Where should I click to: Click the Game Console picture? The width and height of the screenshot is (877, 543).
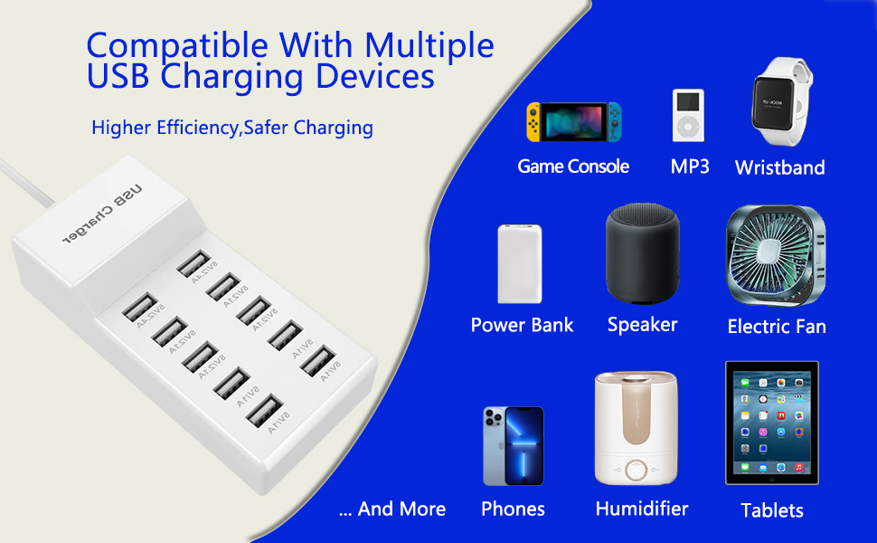(574, 122)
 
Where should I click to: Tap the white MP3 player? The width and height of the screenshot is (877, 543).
(688, 115)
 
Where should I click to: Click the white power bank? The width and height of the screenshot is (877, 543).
(520, 263)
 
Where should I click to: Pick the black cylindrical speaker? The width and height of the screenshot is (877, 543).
(641, 256)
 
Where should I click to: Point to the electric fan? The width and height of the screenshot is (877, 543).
(776, 256)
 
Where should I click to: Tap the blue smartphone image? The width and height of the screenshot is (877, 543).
(513, 446)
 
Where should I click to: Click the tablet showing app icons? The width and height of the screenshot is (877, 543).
(771, 423)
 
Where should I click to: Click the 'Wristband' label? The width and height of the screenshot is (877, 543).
(779, 167)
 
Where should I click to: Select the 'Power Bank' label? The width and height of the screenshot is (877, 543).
(522, 326)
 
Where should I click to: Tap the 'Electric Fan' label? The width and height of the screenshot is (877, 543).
(777, 327)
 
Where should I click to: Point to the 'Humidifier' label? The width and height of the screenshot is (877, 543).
(641, 509)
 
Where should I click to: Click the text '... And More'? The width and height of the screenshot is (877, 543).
(392, 510)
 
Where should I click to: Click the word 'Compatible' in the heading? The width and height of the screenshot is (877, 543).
(178, 45)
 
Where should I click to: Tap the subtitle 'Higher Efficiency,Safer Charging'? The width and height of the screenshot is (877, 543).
(232, 128)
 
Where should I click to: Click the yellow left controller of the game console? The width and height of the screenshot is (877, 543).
(534, 122)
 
